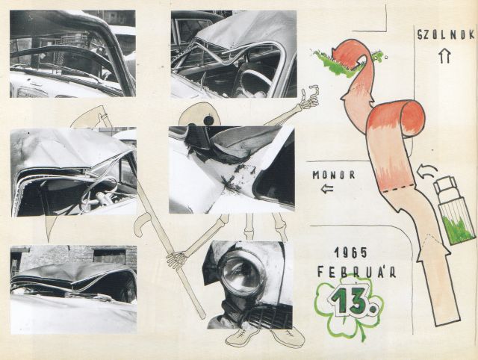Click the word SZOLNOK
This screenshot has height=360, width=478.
[446, 35]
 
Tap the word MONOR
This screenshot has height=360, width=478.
[334, 175]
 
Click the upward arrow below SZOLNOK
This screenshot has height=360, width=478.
[445, 56]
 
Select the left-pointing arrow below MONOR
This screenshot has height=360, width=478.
[327, 189]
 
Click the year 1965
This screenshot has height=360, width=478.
[350, 252]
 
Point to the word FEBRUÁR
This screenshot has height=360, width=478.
[357, 271]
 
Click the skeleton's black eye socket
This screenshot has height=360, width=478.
[208, 121]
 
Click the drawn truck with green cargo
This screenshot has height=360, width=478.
[454, 211]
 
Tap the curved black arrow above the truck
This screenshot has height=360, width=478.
[427, 171]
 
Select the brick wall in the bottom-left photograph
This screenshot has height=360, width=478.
[73, 256]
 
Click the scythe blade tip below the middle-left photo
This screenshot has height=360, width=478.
[48, 240]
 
